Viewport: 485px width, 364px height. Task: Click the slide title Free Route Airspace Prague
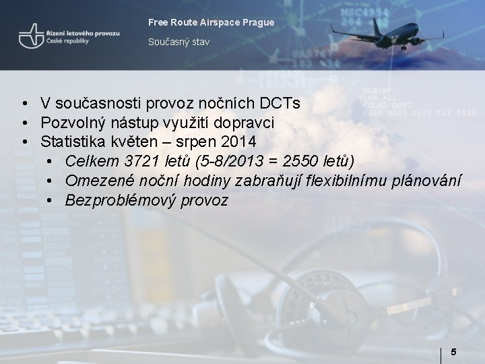coord(211,22)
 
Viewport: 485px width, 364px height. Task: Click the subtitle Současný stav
coord(179,42)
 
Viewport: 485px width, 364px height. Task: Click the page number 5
coord(453,352)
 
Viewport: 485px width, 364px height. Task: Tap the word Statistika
coord(73,142)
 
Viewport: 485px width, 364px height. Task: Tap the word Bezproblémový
coord(121,201)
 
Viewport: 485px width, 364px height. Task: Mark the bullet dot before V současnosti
coord(24,104)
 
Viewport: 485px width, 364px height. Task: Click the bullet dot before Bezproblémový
coord(51,202)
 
